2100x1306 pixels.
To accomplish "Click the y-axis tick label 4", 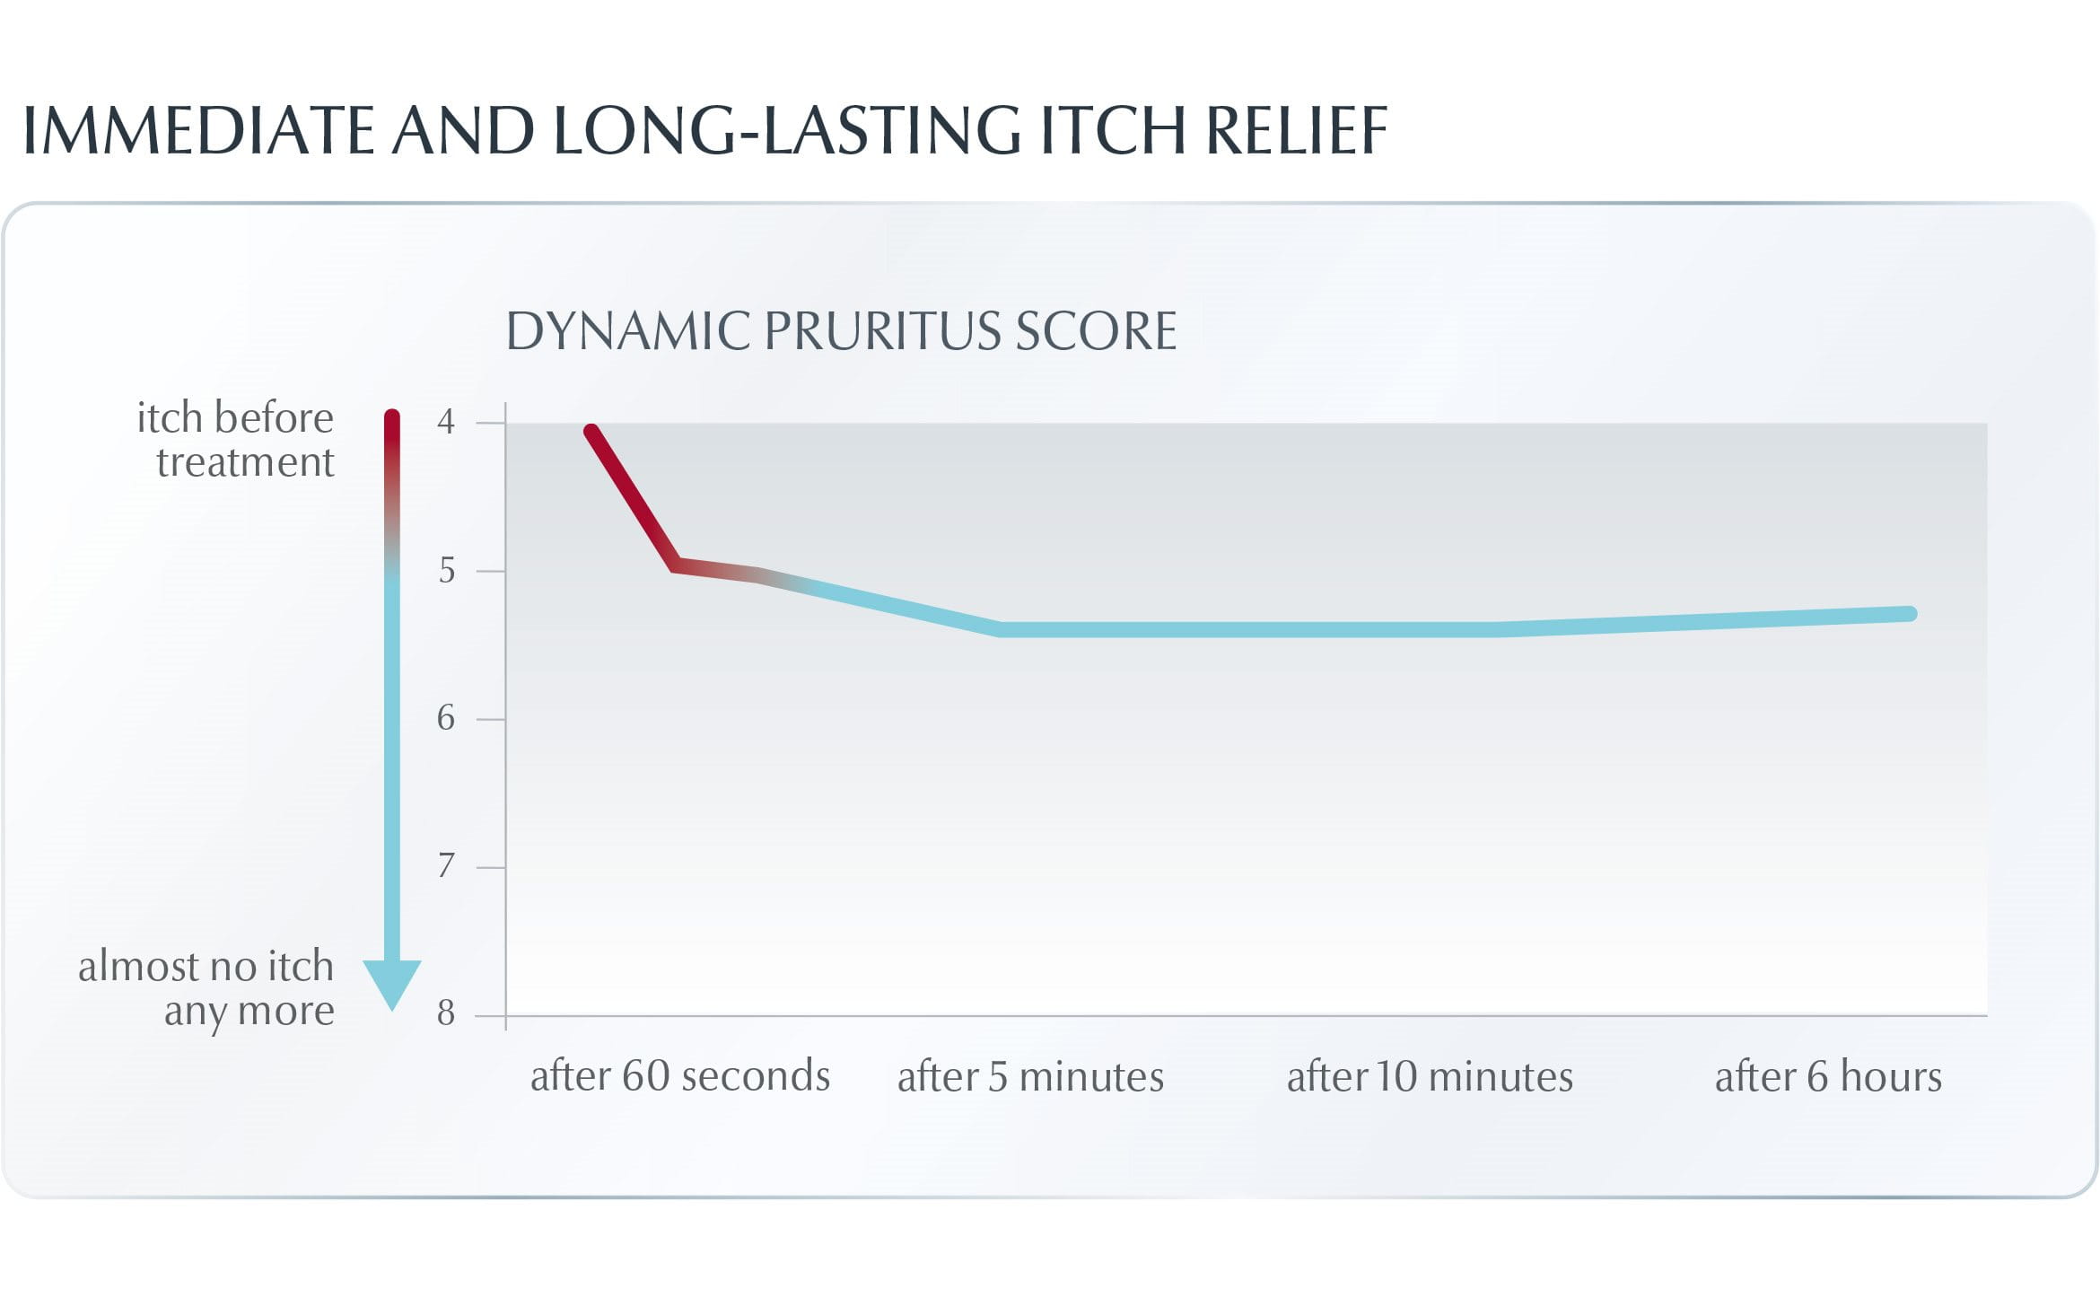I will click(446, 421).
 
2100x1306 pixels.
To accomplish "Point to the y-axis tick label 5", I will click(446, 570).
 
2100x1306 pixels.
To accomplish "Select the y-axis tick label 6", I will click(446, 718).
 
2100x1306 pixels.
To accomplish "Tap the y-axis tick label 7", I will click(446, 866).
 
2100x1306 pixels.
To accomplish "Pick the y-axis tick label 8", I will click(446, 1013).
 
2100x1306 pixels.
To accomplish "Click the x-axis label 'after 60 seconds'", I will click(680, 1075).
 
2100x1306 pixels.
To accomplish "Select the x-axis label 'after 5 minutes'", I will click(1030, 1075).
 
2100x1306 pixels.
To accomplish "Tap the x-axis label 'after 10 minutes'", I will click(1430, 1075).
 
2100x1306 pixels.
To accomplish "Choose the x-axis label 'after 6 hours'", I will click(1828, 1075).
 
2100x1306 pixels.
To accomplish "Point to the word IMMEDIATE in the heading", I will click(197, 131).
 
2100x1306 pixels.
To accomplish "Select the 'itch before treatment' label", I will click(236, 440).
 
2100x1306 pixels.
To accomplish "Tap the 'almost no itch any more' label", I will click(206, 988).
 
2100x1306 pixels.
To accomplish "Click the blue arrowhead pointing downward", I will click(392, 982).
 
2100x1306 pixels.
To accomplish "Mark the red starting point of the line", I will click(591, 432).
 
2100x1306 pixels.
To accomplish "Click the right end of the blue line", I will click(1910, 614).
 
